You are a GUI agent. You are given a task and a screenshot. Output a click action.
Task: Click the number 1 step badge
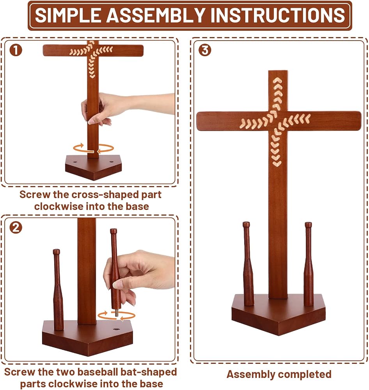(x=16, y=50)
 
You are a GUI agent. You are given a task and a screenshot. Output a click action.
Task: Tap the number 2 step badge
(x=16, y=228)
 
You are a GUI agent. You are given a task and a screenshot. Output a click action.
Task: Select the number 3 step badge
(x=205, y=50)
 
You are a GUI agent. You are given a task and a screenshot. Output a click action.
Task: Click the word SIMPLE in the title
(x=68, y=15)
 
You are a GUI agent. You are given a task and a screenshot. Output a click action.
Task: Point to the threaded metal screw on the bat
(x=116, y=313)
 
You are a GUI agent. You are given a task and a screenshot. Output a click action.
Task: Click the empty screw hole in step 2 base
(x=116, y=329)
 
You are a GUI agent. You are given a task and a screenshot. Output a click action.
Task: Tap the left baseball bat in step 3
(x=248, y=264)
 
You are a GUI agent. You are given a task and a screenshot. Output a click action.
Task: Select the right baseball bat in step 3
(x=309, y=264)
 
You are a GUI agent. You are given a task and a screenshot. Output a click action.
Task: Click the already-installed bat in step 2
(x=58, y=290)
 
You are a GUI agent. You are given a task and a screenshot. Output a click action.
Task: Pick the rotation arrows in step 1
(x=94, y=149)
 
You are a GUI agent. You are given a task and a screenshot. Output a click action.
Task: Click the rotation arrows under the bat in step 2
(x=117, y=316)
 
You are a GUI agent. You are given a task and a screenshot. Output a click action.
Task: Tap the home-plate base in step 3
(x=279, y=315)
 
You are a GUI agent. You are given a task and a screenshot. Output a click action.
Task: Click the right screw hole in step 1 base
(x=112, y=162)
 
